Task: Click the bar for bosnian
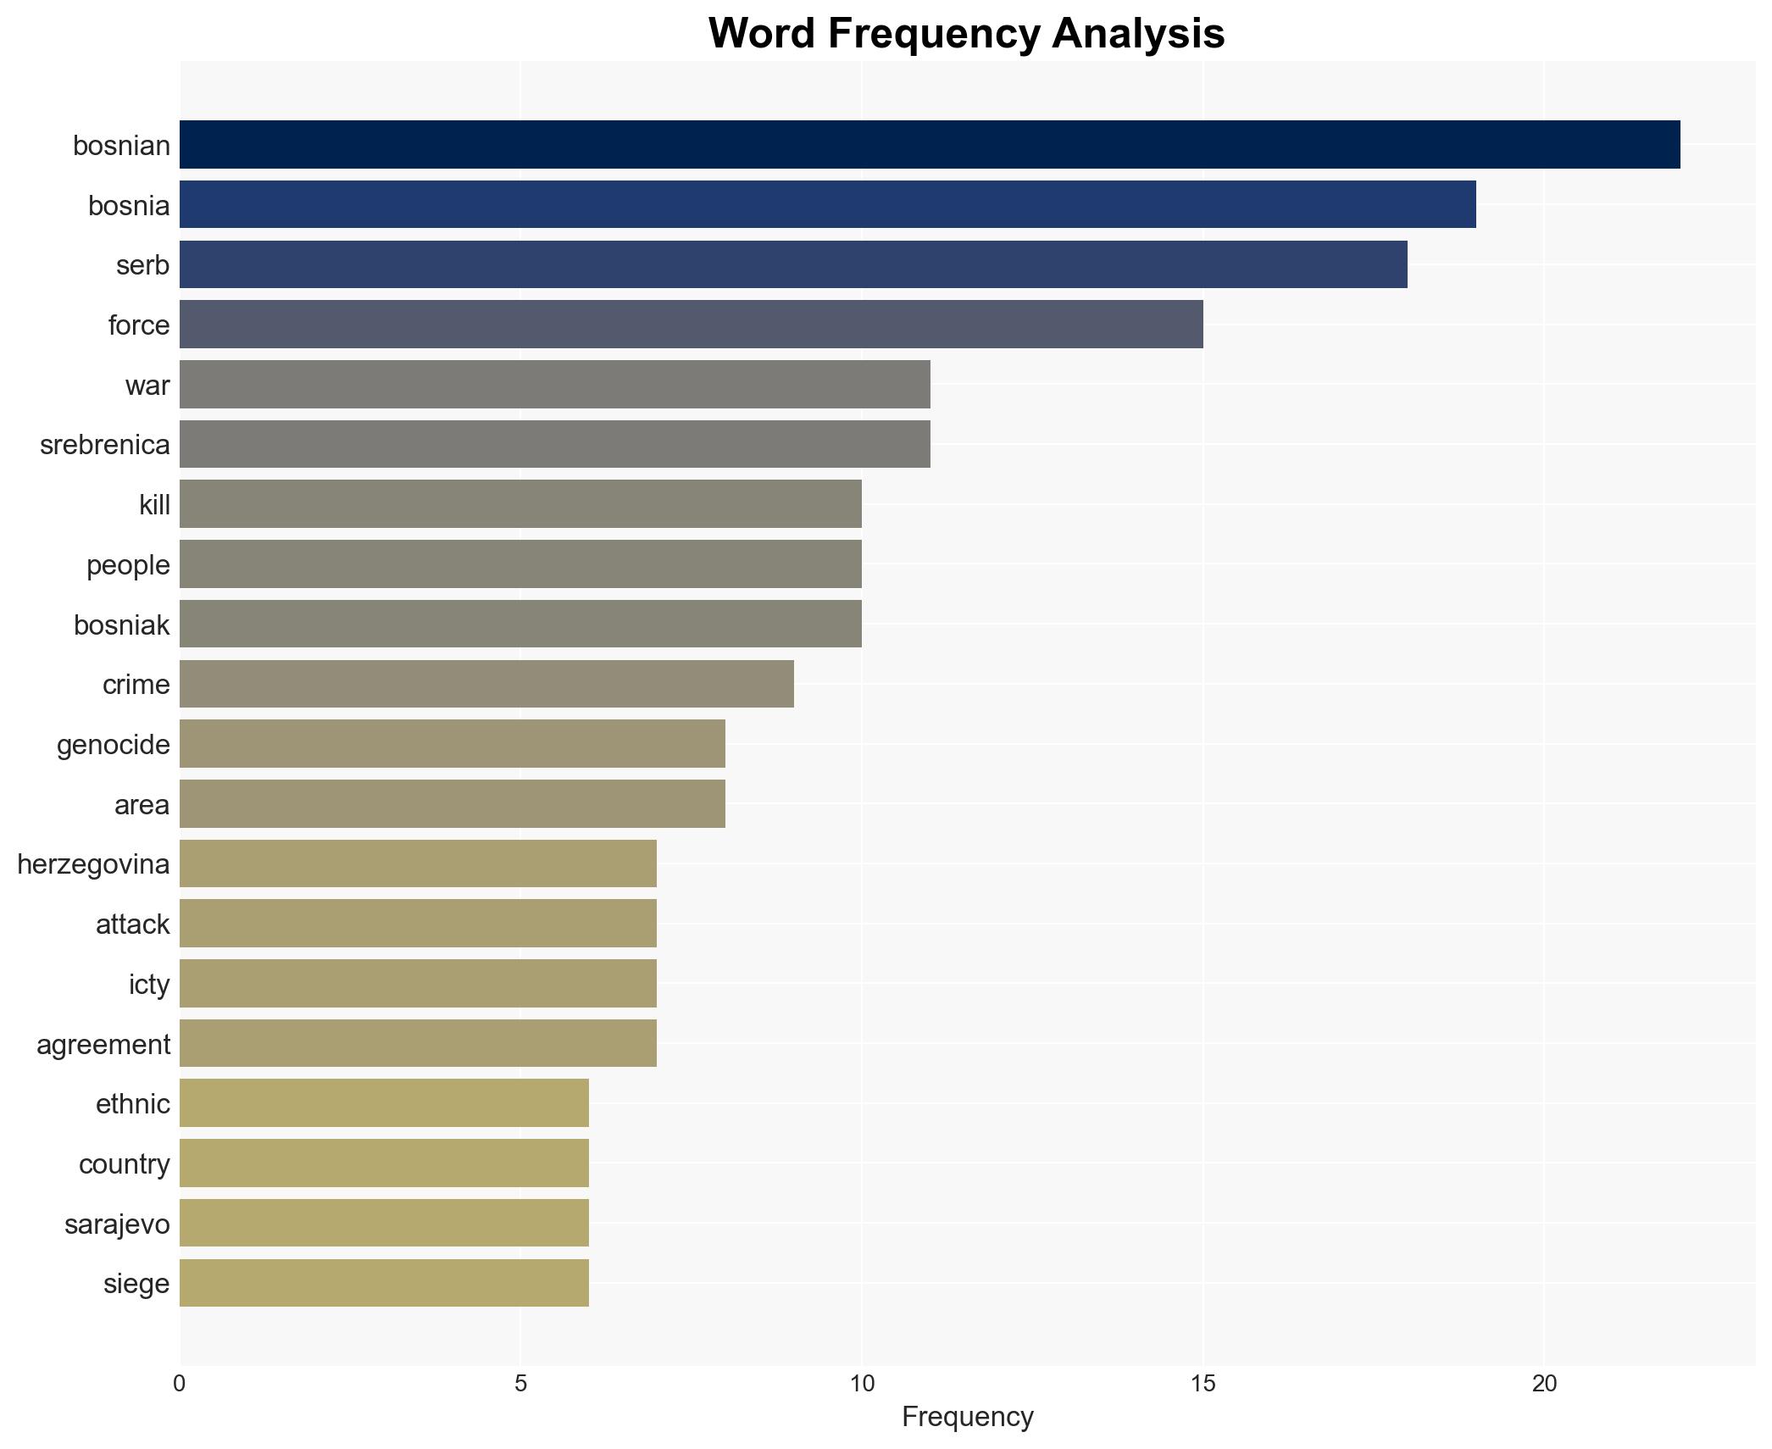pyautogui.click(x=929, y=145)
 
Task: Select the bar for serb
pyautogui.click(x=793, y=264)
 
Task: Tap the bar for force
pyautogui.click(x=691, y=325)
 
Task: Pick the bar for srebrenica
pyautogui.click(x=554, y=444)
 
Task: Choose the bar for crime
pyautogui.click(x=486, y=684)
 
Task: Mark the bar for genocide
pyautogui.click(x=452, y=744)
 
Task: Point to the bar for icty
pyautogui.click(x=418, y=983)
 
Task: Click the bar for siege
pyautogui.click(x=384, y=1283)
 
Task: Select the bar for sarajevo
pyautogui.click(x=384, y=1223)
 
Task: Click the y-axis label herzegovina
pyautogui.click(x=93, y=864)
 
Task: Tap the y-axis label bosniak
pyautogui.click(x=121, y=625)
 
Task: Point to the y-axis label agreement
pyautogui.click(x=103, y=1045)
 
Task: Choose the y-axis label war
pyautogui.click(x=147, y=386)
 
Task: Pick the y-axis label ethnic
pyautogui.click(x=132, y=1104)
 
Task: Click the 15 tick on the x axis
pyautogui.click(x=1203, y=1384)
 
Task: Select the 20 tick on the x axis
pyautogui.click(x=1544, y=1384)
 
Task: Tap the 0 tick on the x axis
pyautogui.click(x=180, y=1384)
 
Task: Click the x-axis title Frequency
pyautogui.click(x=967, y=1417)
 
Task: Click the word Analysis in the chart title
pyautogui.click(x=1138, y=34)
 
